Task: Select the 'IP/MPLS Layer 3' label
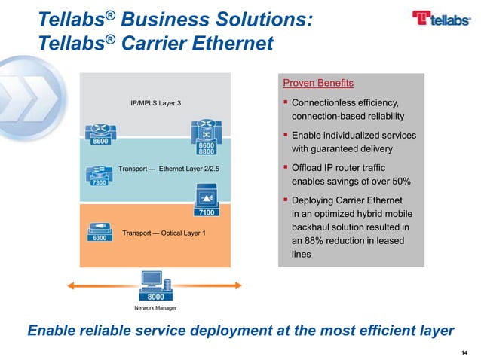(155, 102)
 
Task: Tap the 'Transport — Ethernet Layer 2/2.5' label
(169, 168)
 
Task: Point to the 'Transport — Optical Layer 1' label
(164, 233)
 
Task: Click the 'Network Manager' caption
(155, 308)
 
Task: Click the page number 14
(463, 350)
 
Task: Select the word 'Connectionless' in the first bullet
(326, 102)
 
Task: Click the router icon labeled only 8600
(98, 133)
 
